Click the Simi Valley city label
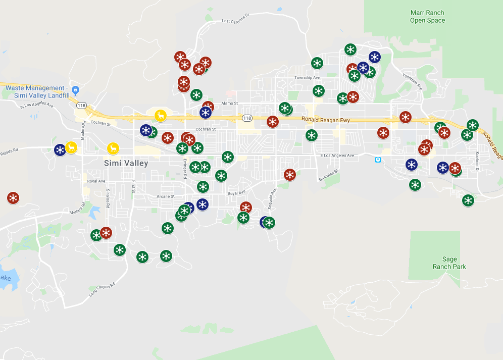pos(126,163)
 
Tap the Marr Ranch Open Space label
pos(427,17)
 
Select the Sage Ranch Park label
pos(449,263)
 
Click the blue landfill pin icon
pos(75,90)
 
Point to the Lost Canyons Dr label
pos(236,19)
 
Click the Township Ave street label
pos(307,78)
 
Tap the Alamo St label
pos(229,103)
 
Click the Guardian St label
pos(327,175)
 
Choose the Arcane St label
pos(165,196)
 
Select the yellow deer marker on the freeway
pos(161,116)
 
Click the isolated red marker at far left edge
pos(13,198)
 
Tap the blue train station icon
pos(378,160)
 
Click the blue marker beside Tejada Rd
pos(60,150)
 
